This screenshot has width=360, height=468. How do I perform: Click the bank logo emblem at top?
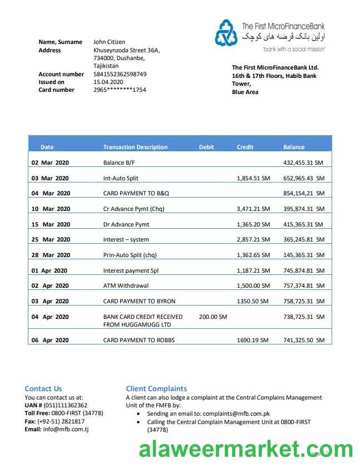(x=226, y=32)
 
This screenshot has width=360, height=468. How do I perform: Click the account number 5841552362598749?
(x=120, y=74)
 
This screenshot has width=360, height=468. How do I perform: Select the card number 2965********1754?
(x=120, y=90)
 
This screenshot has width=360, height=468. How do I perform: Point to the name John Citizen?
(x=109, y=42)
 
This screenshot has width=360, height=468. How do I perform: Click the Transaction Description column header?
(x=135, y=147)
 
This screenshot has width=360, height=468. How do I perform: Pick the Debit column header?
(x=206, y=147)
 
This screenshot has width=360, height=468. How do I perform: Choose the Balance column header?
(x=294, y=147)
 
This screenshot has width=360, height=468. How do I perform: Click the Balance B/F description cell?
(x=119, y=162)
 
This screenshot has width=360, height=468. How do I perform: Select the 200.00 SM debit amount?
(x=213, y=317)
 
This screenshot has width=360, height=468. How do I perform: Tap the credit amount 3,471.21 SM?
(x=253, y=209)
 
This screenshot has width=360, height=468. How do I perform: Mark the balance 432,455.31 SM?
(x=303, y=162)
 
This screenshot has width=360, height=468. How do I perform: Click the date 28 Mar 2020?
(x=51, y=255)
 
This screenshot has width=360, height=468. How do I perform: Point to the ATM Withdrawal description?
(x=126, y=285)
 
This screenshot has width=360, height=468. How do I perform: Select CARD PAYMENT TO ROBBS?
(x=139, y=339)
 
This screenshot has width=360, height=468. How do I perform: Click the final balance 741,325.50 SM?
(x=303, y=339)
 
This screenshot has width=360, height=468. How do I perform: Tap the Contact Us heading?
(x=43, y=388)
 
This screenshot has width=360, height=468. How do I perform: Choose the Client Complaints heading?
(x=156, y=388)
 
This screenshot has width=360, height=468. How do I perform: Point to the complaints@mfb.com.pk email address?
(x=236, y=413)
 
